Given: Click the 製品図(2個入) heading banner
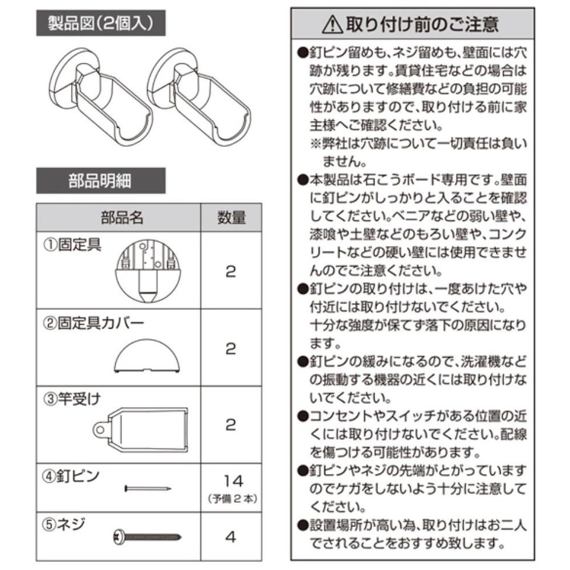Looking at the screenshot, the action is tap(101, 23).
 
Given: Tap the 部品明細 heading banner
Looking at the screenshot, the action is tap(101, 181).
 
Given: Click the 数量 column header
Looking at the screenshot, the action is tap(231, 217).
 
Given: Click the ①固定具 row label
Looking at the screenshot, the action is tap(72, 245).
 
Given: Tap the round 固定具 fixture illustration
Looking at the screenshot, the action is tap(148, 271).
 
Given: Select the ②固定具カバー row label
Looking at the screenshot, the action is tap(93, 323).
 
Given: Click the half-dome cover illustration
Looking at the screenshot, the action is tap(147, 356).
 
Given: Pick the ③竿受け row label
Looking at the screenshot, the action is tap(72, 399).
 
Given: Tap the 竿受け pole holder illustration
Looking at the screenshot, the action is tap(141, 430).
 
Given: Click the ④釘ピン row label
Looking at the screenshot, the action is tap(71, 475).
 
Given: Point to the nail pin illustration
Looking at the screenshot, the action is tap(148, 488).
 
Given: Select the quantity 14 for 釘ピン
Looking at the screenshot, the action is tap(233, 481).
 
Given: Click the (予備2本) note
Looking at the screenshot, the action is tap(233, 498).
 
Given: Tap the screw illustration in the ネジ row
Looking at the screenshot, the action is tap(147, 536).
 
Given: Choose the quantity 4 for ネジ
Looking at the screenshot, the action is tap(231, 537).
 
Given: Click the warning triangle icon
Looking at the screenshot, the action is tap(332, 25).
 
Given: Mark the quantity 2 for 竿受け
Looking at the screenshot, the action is tap(231, 425).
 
